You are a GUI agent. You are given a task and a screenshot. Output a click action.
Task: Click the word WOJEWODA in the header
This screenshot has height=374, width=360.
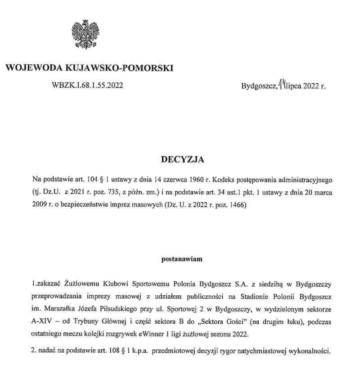[35, 68]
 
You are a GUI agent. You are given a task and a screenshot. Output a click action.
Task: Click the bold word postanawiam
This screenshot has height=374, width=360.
[182, 259]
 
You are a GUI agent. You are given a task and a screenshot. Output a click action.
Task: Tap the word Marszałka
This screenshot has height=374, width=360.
[58, 308]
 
